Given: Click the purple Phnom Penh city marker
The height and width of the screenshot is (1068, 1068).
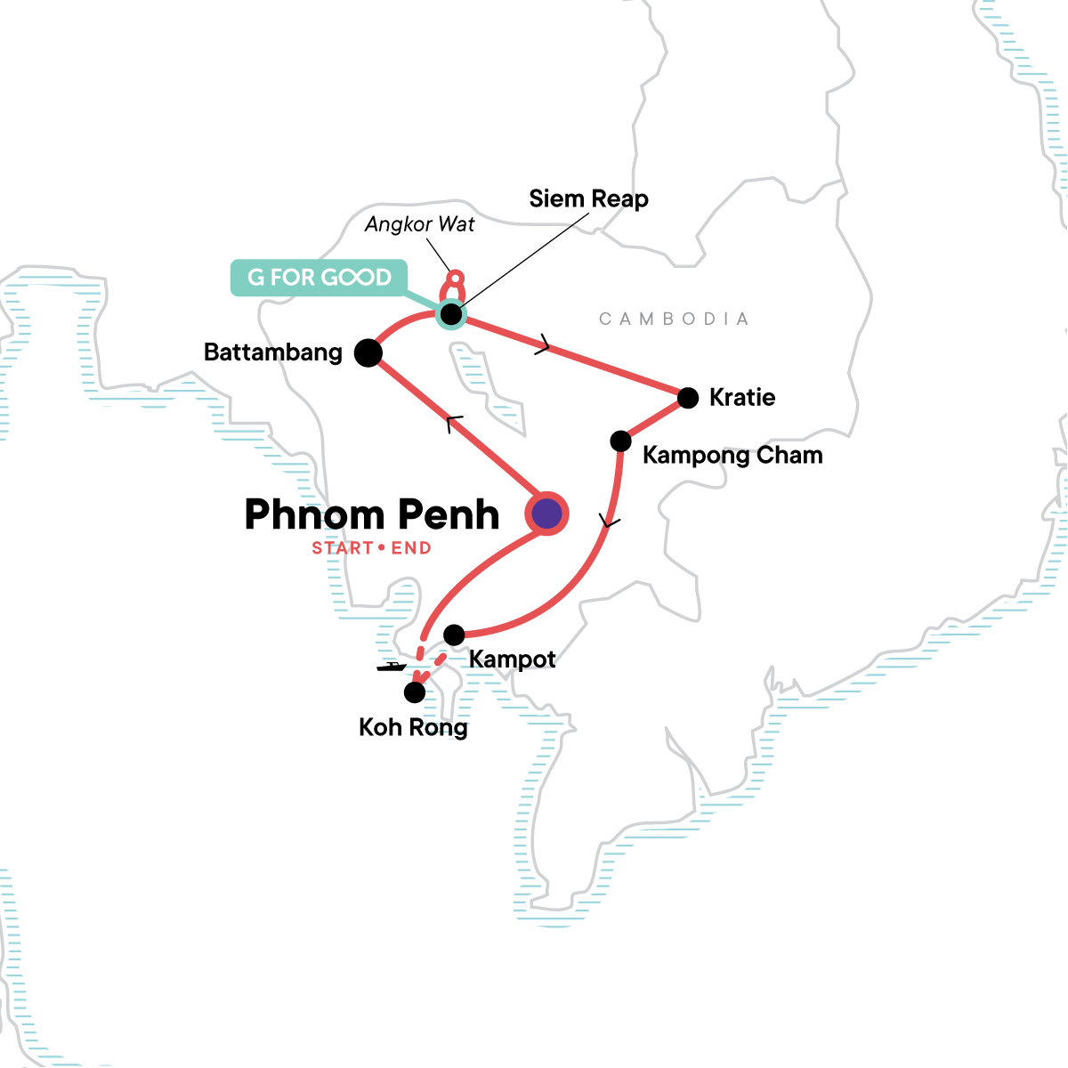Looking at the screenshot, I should coord(546,513).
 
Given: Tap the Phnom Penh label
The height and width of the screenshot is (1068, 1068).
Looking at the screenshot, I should coord(371,515).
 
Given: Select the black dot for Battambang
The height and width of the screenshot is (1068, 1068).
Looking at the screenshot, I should coord(368,352).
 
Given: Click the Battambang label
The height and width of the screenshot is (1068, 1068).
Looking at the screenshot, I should coord(273,352).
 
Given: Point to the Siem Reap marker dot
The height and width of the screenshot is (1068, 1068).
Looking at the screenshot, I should coord(451,314).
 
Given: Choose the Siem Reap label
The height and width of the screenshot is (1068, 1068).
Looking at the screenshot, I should coord(588,199).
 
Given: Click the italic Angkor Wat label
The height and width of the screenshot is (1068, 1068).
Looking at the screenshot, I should coord(420,224).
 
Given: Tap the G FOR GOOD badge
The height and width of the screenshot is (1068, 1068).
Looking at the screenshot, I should coord(319,278).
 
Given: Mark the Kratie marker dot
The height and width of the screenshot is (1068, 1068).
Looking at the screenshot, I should coord(688,398).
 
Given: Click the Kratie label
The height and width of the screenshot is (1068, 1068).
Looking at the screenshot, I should coord(742,398).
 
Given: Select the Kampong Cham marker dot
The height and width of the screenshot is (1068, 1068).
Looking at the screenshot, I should coord(620,441).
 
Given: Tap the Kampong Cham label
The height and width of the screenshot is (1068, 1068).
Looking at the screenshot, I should coord(732,456).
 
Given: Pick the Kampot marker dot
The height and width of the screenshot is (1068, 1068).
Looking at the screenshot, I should coord(454,635).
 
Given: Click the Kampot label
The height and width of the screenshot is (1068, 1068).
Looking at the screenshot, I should coord(512,659).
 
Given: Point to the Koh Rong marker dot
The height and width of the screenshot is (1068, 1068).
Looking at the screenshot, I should coord(415,692).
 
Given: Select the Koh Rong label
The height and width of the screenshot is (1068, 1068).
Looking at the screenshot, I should coord(413,728).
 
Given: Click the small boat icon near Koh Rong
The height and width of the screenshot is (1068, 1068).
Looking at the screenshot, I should coord(391,666).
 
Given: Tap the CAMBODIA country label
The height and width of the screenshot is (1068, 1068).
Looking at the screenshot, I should coord(674,320).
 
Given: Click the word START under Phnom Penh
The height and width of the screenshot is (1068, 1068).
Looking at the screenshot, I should coord(342,548).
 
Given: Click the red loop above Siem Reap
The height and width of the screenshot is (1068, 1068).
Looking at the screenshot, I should coord(455,285).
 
